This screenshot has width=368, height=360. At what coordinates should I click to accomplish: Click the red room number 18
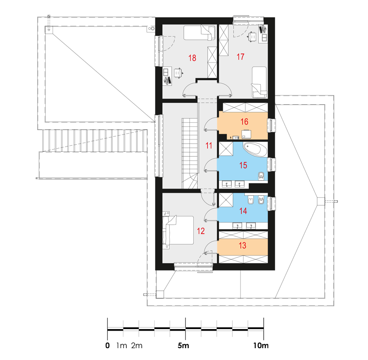click(192, 58)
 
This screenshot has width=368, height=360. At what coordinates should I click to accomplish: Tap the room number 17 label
click(241, 57)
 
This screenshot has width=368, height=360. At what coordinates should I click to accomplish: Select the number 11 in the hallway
click(209, 146)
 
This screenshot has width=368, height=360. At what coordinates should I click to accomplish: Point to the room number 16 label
click(244, 122)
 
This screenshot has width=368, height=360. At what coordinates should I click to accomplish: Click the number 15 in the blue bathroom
click(243, 165)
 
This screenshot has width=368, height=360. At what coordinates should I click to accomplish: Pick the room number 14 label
click(243, 211)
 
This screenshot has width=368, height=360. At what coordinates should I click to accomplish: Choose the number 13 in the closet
click(243, 245)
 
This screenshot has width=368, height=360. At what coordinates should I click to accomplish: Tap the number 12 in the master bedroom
click(201, 231)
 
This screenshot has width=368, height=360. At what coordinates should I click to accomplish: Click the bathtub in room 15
click(255, 150)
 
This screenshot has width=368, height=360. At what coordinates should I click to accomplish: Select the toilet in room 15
click(261, 176)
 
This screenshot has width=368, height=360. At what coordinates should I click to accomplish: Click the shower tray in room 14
click(226, 200)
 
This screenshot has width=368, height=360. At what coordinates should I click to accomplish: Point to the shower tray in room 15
click(226, 149)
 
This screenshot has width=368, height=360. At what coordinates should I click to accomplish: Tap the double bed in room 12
click(178, 230)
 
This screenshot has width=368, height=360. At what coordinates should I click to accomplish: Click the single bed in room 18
click(199, 33)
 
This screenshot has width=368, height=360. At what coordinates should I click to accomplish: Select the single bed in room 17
click(259, 82)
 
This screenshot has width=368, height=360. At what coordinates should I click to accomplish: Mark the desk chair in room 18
click(178, 73)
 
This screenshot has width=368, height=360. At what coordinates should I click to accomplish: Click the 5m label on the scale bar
click(183, 345)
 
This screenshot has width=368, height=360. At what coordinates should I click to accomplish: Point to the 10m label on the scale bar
click(261, 345)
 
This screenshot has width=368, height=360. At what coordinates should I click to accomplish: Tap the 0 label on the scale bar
click(107, 345)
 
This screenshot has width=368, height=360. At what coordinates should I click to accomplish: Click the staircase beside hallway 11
click(190, 153)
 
